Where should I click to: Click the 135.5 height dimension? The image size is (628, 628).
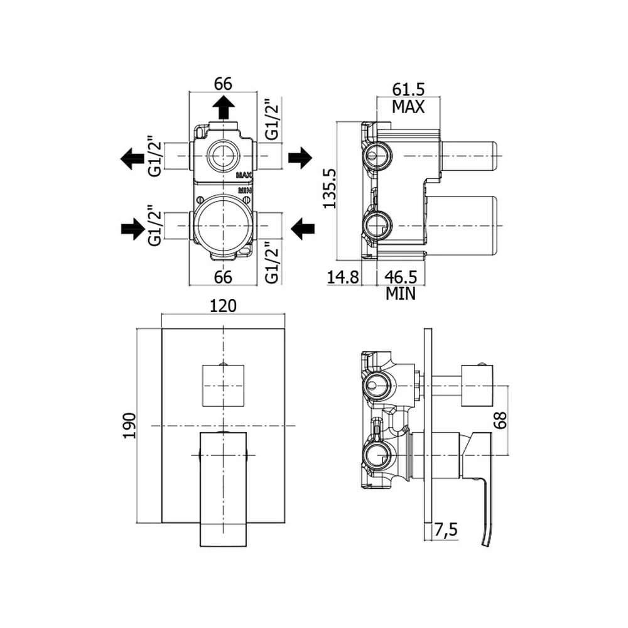click(x=330, y=188)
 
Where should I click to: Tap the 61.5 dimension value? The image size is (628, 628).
click(x=408, y=89)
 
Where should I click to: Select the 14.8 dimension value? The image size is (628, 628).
click(x=343, y=277)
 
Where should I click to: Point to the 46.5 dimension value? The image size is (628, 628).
click(x=401, y=277)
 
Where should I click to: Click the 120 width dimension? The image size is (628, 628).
click(x=223, y=306)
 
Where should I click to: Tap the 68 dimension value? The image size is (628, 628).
click(x=500, y=420)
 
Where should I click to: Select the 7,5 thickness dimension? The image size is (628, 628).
click(x=446, y=530)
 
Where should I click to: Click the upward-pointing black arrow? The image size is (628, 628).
click(x=223, y=107)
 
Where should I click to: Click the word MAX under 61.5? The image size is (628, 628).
click(x=408, y=107)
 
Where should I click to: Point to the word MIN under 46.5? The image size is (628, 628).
click(x=401, y=294)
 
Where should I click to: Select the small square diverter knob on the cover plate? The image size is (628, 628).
click(x=223, y=386)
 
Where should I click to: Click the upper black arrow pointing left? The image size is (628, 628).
click(x=132, y=159)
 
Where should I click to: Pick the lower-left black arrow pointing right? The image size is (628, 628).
click(x=133, y=229)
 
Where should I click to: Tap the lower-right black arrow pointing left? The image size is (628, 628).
click(x=303, y=229)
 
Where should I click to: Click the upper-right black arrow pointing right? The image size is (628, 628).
click(x=300, y=158)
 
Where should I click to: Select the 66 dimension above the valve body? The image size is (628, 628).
click(x=223, y=84)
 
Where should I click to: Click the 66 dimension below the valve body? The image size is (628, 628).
click(x=223, y=277)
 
